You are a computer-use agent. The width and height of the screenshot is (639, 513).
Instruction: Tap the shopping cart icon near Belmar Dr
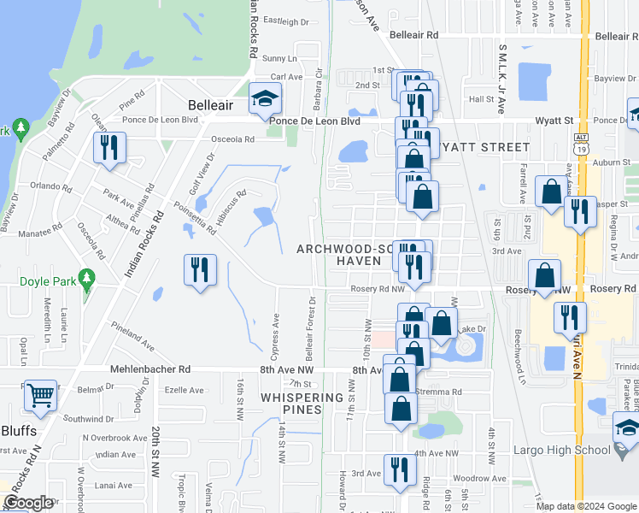(39, 395)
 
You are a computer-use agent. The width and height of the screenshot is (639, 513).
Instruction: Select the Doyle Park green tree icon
(85, 279)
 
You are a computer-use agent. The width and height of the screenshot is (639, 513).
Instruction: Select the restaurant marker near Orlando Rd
(109, 148)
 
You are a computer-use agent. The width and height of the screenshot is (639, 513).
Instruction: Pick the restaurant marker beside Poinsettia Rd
(200, 271)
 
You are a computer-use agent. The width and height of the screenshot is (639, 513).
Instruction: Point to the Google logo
(28, 503)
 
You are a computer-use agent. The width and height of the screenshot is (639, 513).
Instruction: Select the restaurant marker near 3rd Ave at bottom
(399, 469)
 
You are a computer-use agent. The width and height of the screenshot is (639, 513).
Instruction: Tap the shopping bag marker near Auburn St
(551, 192)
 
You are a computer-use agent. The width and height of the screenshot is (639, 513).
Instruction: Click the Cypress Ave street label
(276, 328)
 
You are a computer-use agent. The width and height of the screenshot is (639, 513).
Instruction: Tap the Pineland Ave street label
(132, 336)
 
